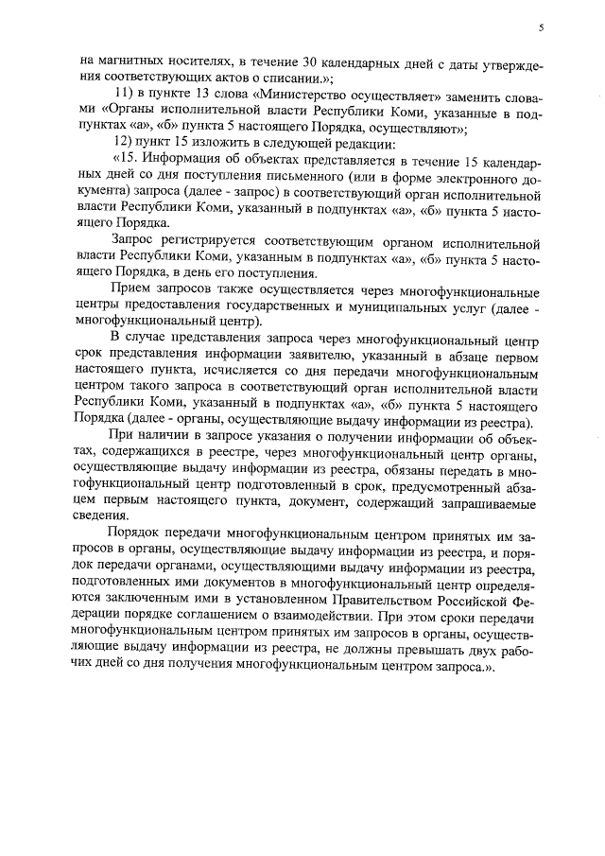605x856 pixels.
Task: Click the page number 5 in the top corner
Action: pos(541,28)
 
